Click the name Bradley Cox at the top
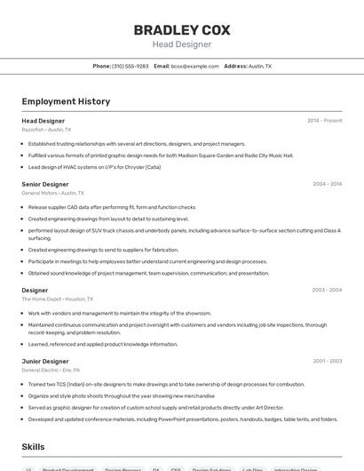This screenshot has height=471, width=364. pos(182,30)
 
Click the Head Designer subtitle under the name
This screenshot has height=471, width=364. pos(182,44)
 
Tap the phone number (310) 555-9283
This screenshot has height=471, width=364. pos(131,66)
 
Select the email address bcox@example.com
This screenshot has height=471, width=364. pos(194,66)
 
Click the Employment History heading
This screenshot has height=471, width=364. pos(66,101)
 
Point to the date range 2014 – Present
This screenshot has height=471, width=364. pos(324,120)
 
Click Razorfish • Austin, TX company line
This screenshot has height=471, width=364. pos(46,129)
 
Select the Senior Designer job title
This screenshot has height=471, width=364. pos(45,184)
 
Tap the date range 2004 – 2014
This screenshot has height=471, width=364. pos(327,184)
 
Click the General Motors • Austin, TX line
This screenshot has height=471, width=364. pos(53,193)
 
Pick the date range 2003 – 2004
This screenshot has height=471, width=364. pos(327,290)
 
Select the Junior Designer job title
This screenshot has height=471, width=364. pos(45,361)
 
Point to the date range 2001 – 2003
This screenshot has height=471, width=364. pos(327,361)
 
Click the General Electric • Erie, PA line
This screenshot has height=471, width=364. pos(51,370)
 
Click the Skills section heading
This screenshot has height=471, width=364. pos(34,447)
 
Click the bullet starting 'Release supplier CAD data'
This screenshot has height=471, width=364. pos(111,207)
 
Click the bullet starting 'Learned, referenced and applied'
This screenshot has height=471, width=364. pos(102,344)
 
